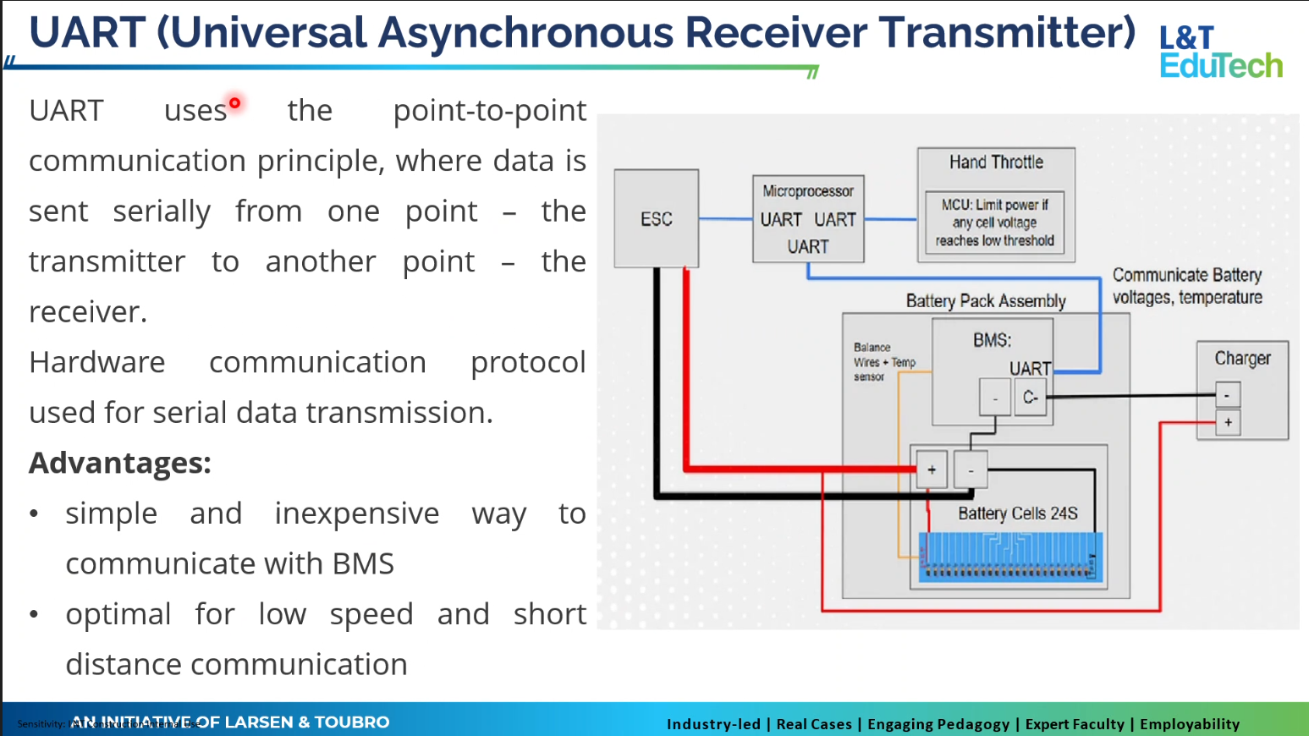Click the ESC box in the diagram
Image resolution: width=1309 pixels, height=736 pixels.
[657, 219]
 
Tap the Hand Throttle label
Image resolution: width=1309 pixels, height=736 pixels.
[996, 162]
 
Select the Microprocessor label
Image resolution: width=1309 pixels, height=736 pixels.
[808, 191]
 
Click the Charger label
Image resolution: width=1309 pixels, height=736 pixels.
[1242, 358]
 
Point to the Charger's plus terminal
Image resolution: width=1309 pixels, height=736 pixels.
[1228, 422]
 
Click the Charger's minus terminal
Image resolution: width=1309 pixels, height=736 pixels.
[1228, 394]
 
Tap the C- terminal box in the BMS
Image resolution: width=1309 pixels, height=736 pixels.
[1030, 397]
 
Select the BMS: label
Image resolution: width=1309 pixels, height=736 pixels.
[992, 340]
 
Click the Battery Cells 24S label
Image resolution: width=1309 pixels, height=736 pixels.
[1017, 514]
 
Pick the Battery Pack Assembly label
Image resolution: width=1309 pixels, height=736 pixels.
[986, 301]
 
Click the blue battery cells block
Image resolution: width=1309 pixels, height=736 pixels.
[1010, 557]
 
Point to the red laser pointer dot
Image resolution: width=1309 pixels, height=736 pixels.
[235, 103]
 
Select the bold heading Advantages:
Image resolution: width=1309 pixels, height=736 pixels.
[120, 463]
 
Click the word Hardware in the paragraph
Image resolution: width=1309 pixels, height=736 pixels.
[97, 362]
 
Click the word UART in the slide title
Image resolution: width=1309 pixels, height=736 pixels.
[86, 33]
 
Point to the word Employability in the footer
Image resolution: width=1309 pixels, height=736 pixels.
[1189, 723]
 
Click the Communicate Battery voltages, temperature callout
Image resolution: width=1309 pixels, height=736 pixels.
[1186, 286]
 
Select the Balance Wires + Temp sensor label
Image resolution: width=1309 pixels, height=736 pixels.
[883, 362]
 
